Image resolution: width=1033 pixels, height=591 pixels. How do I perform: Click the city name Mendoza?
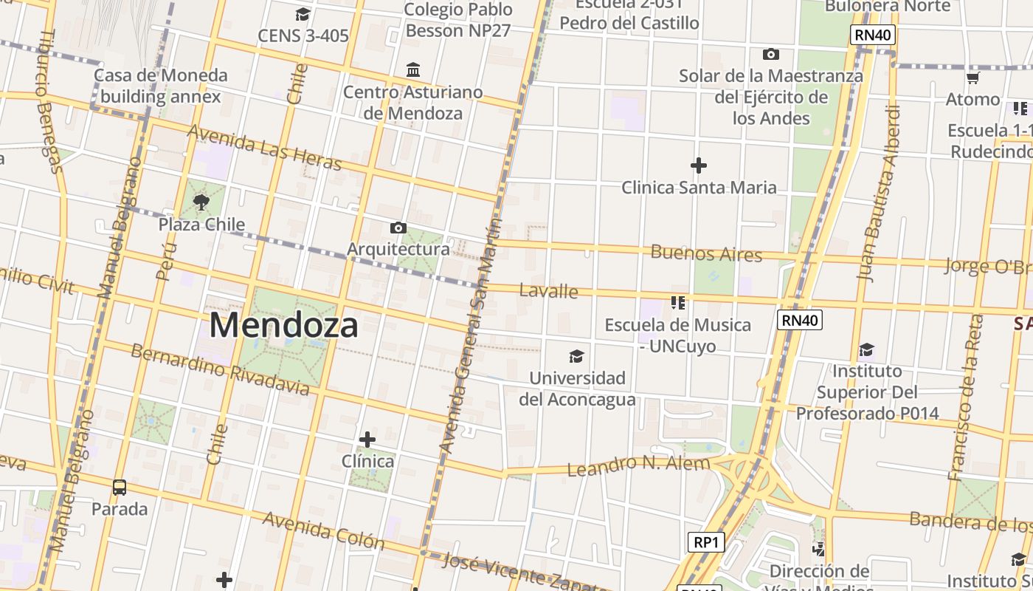(284, 325)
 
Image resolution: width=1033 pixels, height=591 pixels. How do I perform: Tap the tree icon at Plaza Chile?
(201, 202)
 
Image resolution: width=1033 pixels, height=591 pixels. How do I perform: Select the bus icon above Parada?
(120, 488)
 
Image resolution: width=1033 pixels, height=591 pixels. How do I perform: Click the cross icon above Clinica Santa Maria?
(698, 165)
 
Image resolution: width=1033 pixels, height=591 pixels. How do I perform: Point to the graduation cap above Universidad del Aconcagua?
(576, 357)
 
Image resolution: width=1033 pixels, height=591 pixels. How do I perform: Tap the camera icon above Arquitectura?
(398, 228)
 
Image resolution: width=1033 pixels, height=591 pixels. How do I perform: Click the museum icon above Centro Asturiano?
(413, 70)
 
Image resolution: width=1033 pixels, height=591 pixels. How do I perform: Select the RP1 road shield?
(706, 542)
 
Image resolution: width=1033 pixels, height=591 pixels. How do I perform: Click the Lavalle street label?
(548, 290)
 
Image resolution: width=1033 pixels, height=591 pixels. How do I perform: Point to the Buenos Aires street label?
(706, 253)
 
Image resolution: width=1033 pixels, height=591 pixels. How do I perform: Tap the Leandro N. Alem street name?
(638, 465)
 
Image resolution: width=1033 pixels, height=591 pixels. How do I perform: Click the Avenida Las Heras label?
(265, 146)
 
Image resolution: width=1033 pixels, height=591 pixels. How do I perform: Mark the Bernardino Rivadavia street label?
(220, 369)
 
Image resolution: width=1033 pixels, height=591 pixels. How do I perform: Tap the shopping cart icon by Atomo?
(972, 78)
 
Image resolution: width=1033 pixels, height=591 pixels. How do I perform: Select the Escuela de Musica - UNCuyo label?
(677, 335)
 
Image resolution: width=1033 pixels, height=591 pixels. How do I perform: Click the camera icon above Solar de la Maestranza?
(771, 54)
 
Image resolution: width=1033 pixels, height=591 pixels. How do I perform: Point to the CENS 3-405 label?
(303, 35)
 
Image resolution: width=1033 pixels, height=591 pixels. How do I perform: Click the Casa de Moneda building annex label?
(160, 86)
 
